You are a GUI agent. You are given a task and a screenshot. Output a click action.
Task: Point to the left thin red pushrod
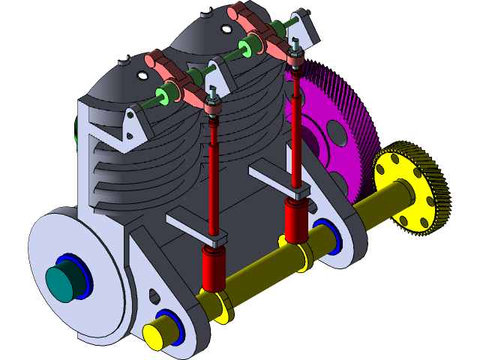click(x=214, y=180)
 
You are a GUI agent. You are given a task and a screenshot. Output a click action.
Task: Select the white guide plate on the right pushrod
click(x=274, y=180)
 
